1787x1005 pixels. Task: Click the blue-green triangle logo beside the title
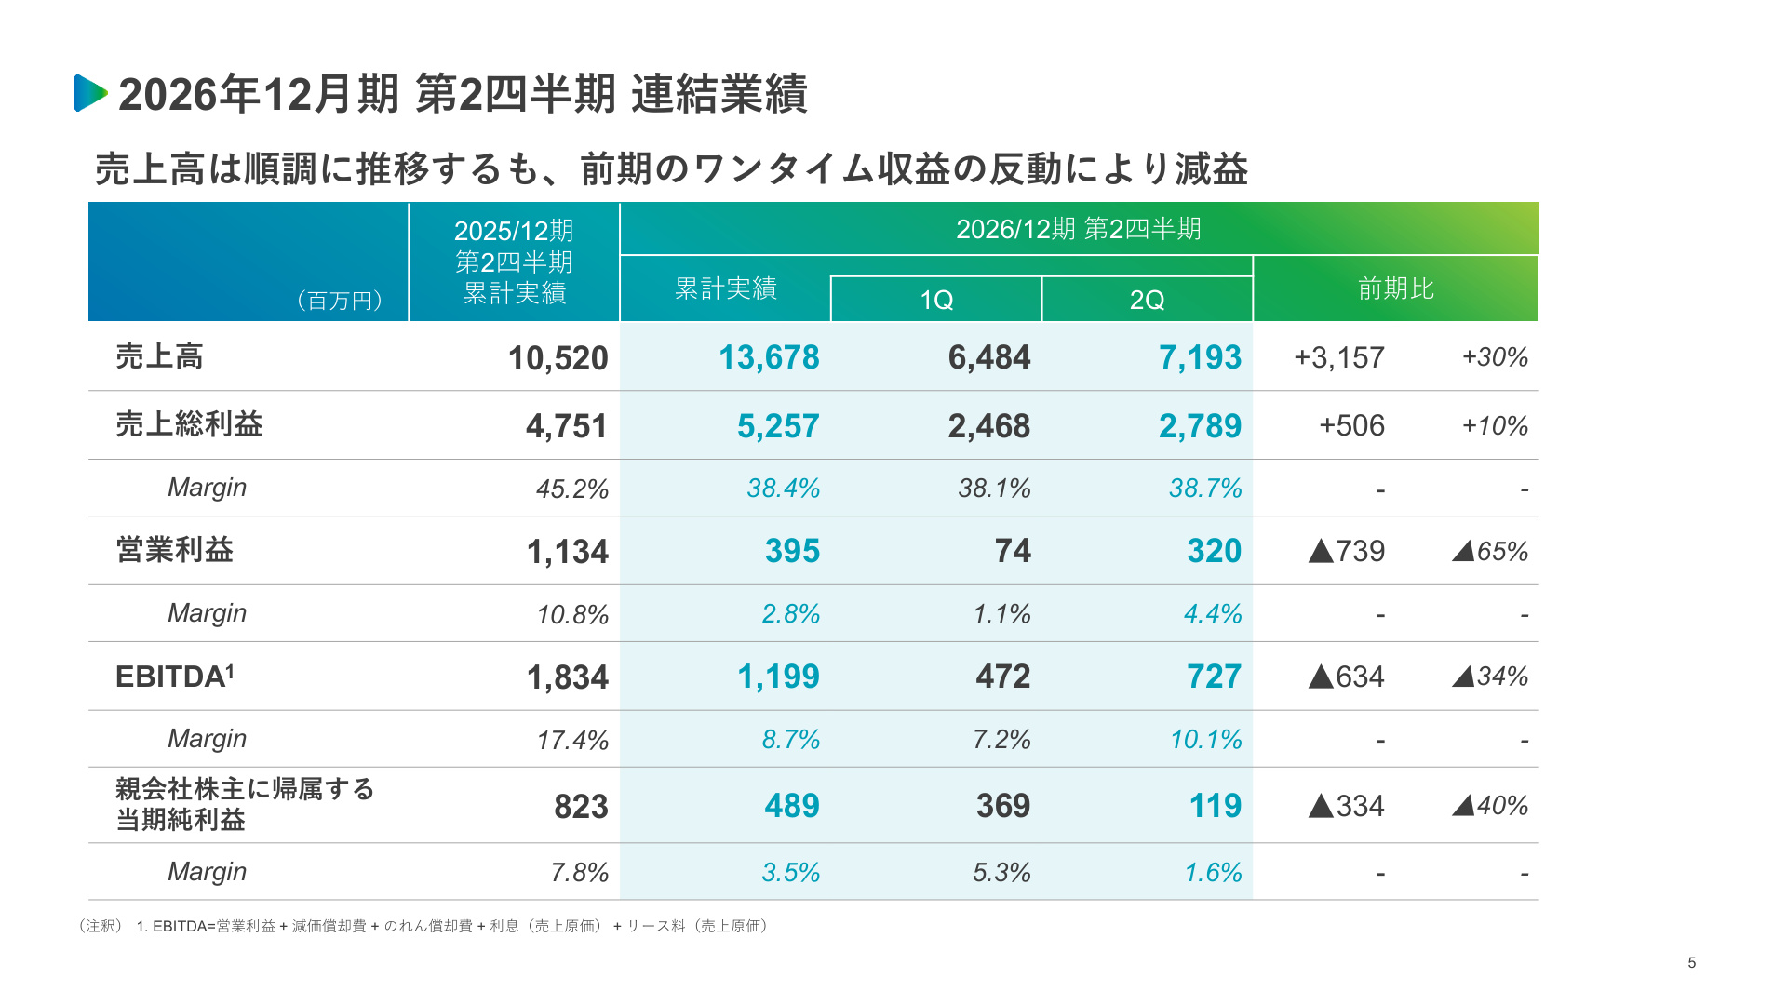(x=90, y=93)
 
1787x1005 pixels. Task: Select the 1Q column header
(x=936, y=300)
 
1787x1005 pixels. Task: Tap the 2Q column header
(x=1147, y=300)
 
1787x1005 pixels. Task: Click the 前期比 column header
(x=1395, y=288)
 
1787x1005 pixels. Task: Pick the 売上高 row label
(x=159, y=356)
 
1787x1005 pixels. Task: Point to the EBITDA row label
(x=175, y=677)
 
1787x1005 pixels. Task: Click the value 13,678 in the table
(x=769, y=357)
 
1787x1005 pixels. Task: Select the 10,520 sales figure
(x=558, y=358)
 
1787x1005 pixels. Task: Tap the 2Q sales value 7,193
(x=1200, y=357)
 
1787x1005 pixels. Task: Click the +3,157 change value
(x=1339, y=357)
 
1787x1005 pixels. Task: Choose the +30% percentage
(x=1495, y=357)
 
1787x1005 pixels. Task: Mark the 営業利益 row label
(x=174, y=550)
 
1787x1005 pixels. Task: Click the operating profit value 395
(x=792, y=551)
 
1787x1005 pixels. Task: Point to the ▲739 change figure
(x=1346, y=551)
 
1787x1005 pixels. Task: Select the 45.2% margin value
(x=571, y=489)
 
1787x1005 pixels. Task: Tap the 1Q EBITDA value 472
(x=1003, y=677)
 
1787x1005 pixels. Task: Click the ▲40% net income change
(x=1490, y=806)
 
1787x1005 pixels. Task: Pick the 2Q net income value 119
(x=1216, y=806)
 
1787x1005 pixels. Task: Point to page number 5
(x=1692, y=963)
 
